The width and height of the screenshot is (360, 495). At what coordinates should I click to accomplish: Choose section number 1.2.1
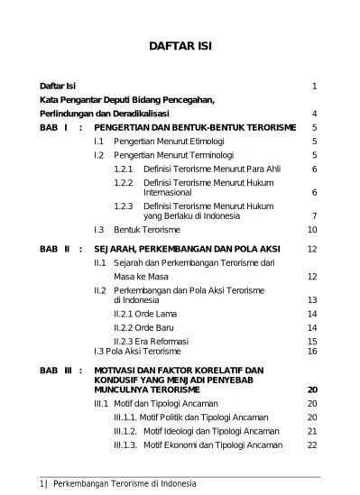pos(124,169)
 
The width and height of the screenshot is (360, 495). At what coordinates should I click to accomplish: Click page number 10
pos(311,229)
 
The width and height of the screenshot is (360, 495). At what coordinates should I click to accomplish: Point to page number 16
pos(311,351)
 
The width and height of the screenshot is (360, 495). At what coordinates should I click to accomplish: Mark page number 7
pos(313,215)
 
